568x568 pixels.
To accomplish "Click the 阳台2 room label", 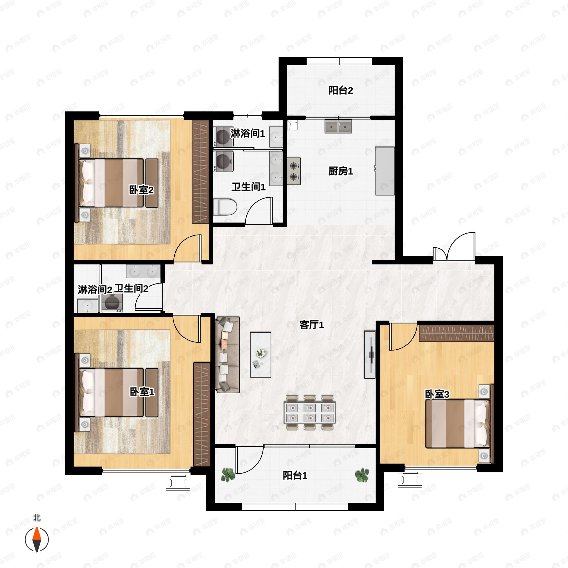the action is click(341, 90).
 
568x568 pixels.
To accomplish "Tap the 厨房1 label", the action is click(341, 171).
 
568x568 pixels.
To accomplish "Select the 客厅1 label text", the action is click(312, 325).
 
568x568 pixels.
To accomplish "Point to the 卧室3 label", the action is click(437, 395).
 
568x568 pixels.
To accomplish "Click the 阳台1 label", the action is click(295, 476).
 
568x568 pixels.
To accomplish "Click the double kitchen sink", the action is click(338, 126).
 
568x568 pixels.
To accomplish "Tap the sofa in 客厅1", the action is click(227, 355).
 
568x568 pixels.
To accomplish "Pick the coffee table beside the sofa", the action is click(261, 355).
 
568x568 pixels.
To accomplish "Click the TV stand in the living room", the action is click(369, 355).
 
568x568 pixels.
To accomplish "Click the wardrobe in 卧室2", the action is click(200, 171).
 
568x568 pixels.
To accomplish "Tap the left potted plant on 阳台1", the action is click(228, 475).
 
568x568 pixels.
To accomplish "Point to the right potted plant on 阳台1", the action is click(362, 475).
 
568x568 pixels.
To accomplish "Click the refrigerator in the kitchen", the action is click(385, 171).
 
